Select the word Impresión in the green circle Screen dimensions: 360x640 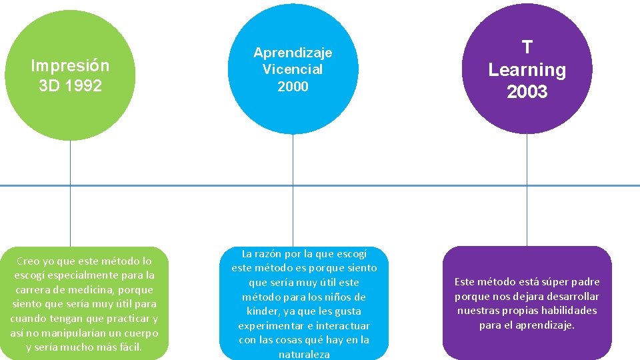(x=70, y=66)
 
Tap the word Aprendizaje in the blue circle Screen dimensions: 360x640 (x=293, y=52)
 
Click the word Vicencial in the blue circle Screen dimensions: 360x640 (x=293, y=69)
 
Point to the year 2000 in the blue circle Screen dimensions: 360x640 (x=293, y=87)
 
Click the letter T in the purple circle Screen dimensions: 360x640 (x=527, y=47)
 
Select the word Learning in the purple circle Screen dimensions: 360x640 (x=527, y=70)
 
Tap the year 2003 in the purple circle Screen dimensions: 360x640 (x=527, y=92)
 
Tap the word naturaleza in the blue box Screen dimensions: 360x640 (x=304, y=355)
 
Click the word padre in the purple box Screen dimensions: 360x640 (x=585, y=282)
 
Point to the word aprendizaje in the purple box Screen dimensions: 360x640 (x=541, y=325)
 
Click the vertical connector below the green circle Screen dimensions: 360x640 (x=70, y=193)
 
